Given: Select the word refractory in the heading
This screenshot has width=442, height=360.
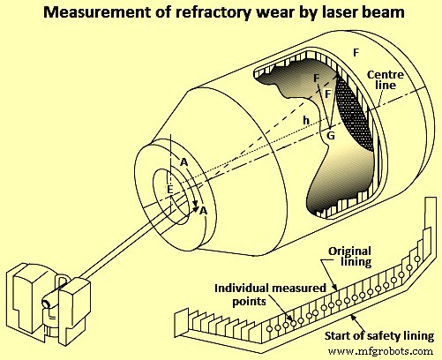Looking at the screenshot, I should [x=199, y=13].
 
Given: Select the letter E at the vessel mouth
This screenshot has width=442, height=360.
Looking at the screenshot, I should [x=170, y=188].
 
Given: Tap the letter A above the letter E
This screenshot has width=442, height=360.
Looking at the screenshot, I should [x=184, y=162].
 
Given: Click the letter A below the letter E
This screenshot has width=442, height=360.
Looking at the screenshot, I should [x=204, y=210].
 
